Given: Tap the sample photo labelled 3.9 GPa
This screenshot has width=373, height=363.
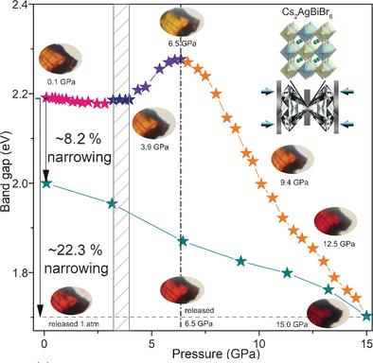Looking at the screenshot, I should click(x=151, y=121).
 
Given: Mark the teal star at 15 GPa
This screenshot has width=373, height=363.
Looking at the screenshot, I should click(x=366, y=316).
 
